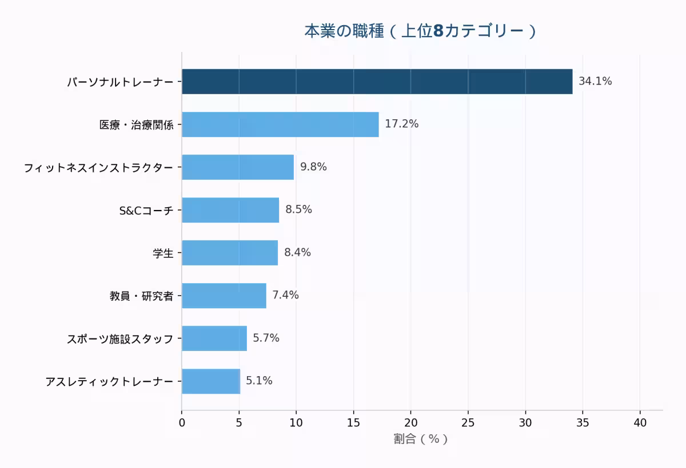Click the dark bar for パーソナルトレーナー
[x=377, y=82]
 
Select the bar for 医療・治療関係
[x=280, y=124]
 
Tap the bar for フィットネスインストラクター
[x=238, y=167]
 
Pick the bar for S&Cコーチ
[x=230, y=210]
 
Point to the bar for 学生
[x=230, y=253]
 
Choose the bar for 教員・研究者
[x=224, y=296]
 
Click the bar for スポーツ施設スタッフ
[x=214, y=338]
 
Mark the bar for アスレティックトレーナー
[x=211, y=381]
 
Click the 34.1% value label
[x=595, y=82]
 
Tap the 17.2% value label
[x=401, y=124]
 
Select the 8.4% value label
[x=297, y=253]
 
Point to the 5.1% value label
[x=259, y=381]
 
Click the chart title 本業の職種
[x=420, y=31]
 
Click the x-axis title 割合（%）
[x=421, y=439]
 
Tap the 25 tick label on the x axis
[x=468, y=423]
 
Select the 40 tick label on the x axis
[x=640, y=423]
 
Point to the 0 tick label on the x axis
[x=182, y=423]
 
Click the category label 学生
[x=163, y=253]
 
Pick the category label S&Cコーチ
[x=146, y=211]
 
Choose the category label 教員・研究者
[x=141, y=296]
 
